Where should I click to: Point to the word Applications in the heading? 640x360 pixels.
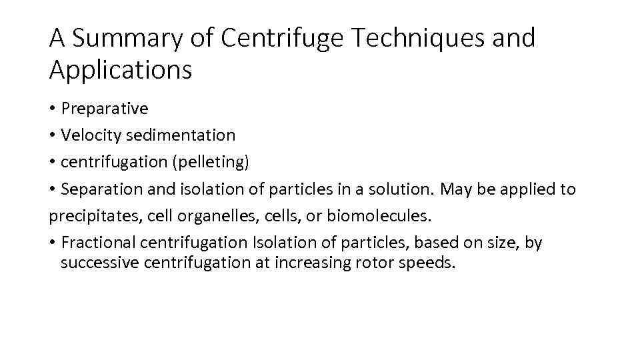point(120,69)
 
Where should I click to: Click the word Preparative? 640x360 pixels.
point(104,108)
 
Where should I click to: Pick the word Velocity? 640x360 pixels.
point(87,135)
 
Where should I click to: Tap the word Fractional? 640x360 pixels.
point(94,243)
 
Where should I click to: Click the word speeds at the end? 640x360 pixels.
point(426,262)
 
